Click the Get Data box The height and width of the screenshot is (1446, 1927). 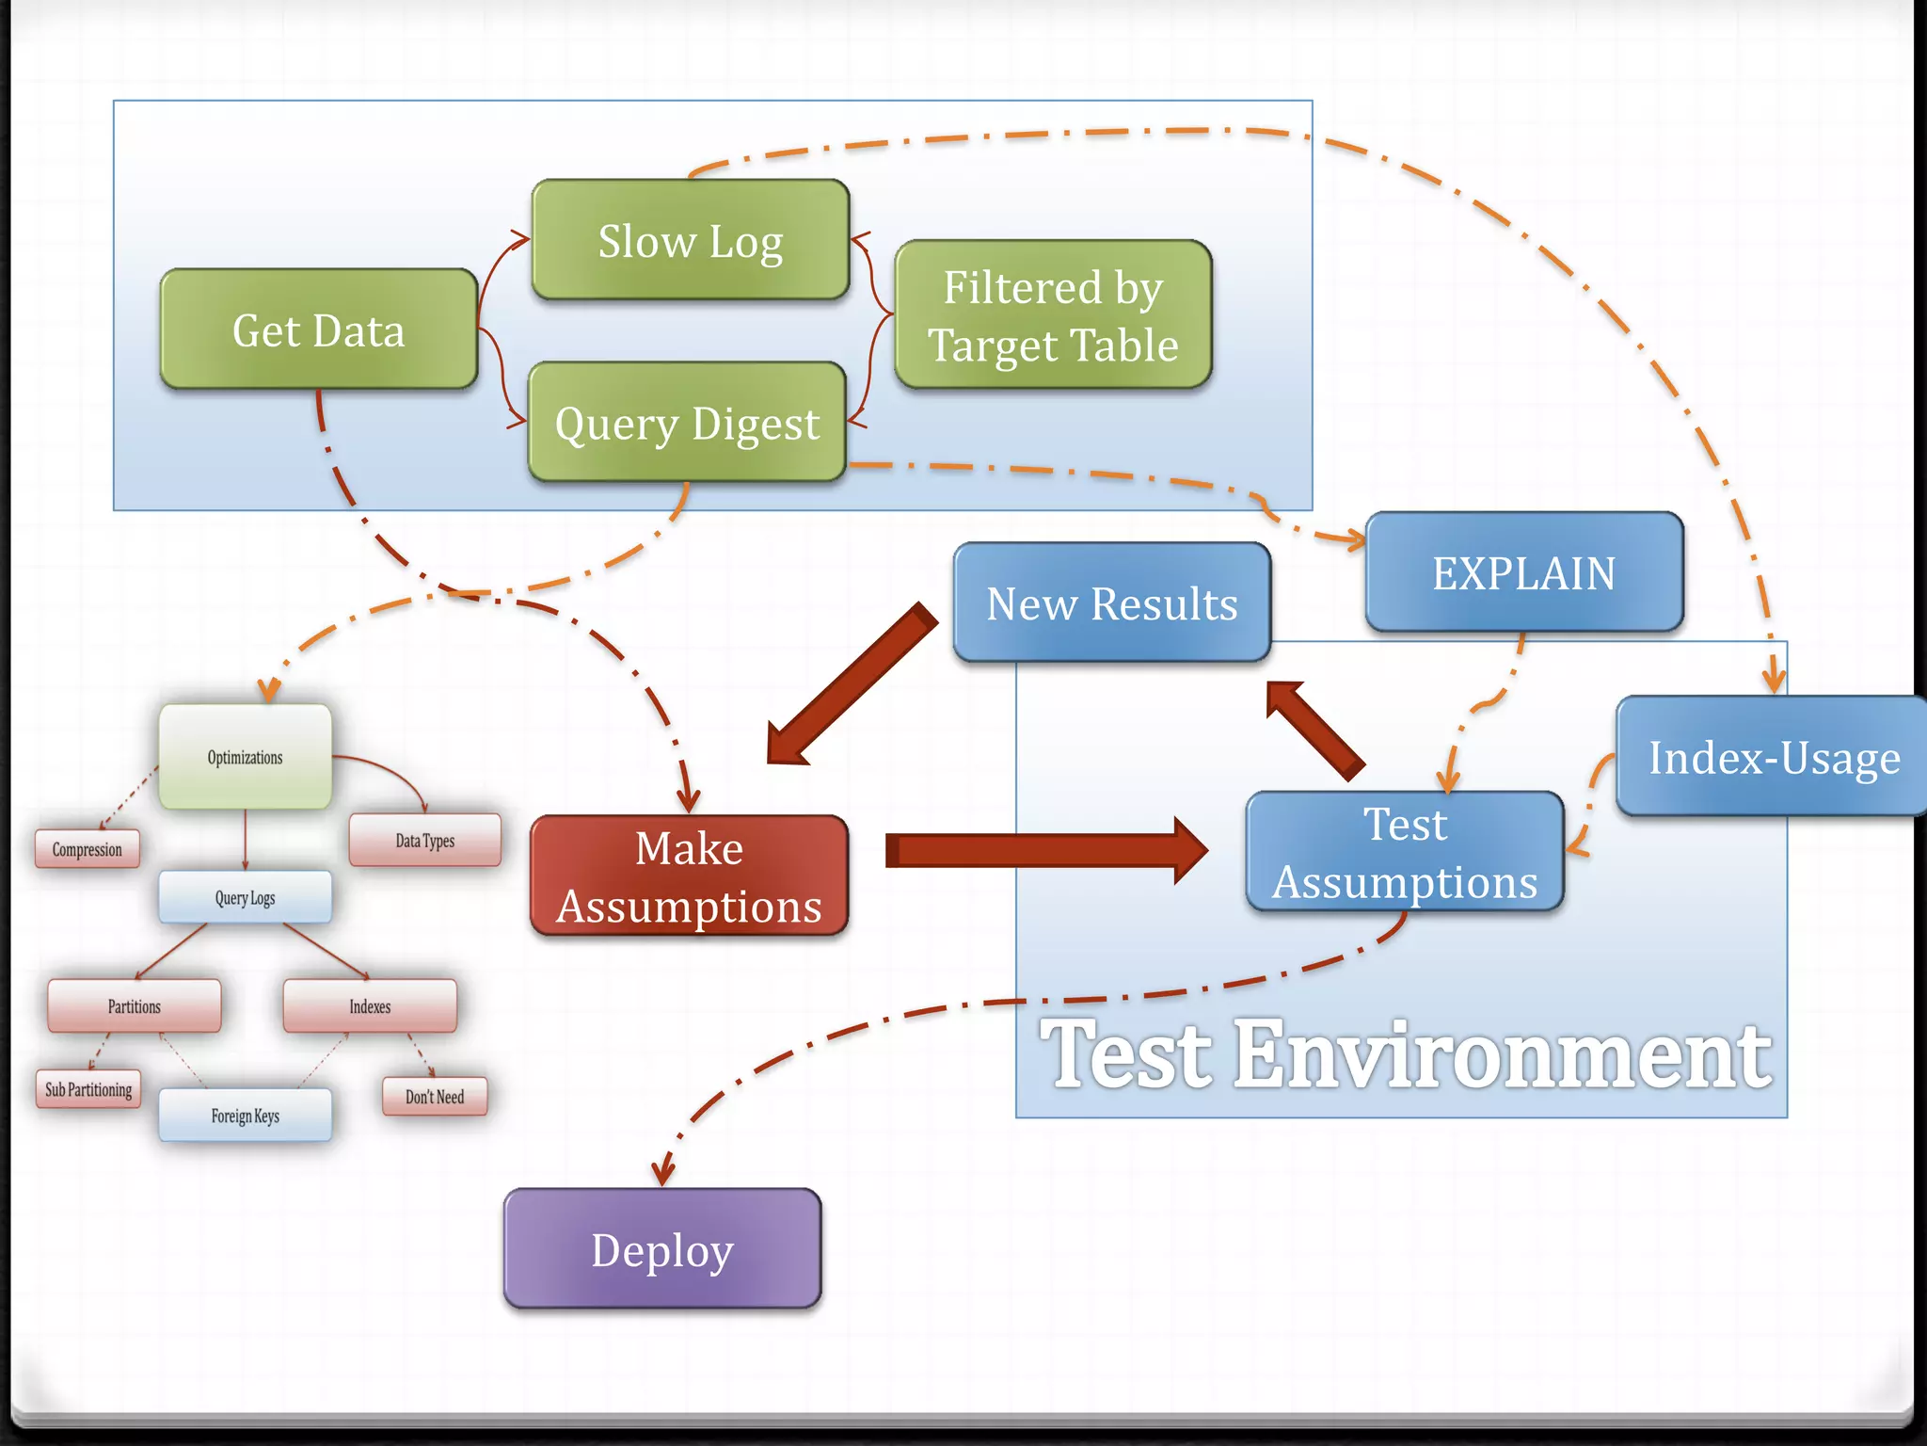click(318, 329)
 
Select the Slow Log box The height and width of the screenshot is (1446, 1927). click(690, 241)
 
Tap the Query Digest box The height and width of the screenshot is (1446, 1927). click(687, 423)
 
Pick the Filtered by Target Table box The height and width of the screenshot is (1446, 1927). click(1053, 314)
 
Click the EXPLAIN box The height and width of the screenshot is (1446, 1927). click(1523, 572)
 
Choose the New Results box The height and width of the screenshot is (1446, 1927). click(1111, 602)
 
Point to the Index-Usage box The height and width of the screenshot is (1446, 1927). click(1773, 757)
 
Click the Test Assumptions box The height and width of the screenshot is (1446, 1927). click(1405, 852)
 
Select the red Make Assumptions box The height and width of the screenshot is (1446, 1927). click(689, 876)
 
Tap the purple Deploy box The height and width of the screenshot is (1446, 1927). click(662, 1249)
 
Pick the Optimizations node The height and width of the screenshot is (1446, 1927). click(245, 757)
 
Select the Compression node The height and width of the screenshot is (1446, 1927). click(88, 849)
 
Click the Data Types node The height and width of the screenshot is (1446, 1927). click(424, 840)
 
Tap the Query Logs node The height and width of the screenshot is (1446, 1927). click(245, 897)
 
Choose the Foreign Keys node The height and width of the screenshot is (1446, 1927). click(245, 1116)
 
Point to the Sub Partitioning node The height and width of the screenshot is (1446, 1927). click(88, 1089)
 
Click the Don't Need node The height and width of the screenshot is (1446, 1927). click(435, 1097)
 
